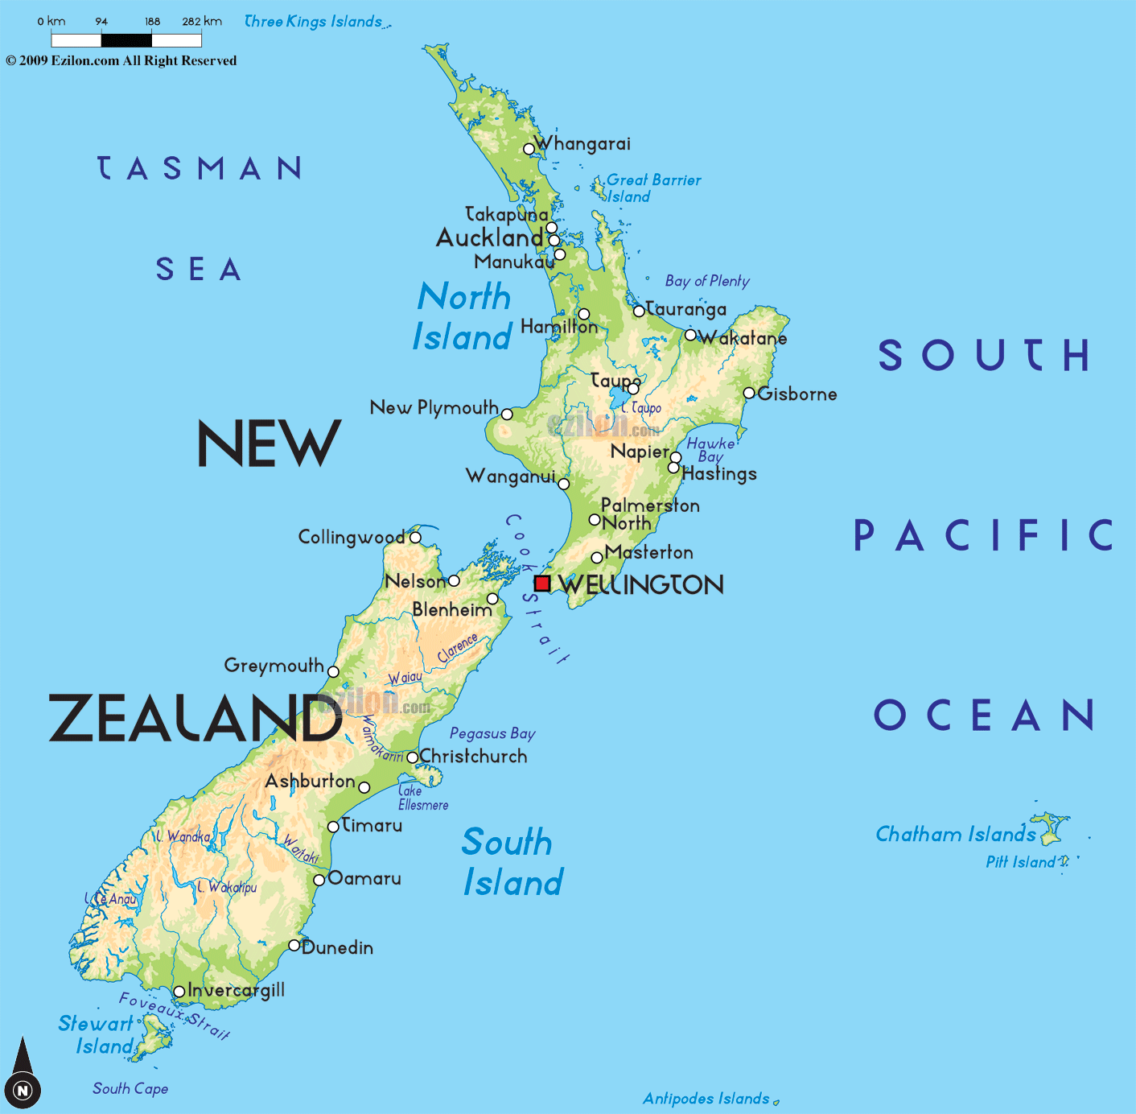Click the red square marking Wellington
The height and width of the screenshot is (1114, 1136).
(x=542, y=584)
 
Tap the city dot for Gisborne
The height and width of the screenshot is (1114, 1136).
(x=749, y=394)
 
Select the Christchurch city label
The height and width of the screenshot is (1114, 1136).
(x=473, y=757)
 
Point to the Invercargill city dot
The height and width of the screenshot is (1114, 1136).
(x=179, y=992)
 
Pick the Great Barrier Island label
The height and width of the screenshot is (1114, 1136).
(x=652, y=188)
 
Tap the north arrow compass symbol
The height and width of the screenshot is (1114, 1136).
(x=23, y=1074)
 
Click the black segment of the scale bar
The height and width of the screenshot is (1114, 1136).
(x=126, y=39)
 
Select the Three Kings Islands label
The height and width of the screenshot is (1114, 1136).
(x=313, y=22)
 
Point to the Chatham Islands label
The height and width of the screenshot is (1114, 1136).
(x=955, y=834)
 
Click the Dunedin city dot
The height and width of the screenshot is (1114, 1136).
(x=294, y=945)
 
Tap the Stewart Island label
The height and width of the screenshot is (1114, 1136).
(x=97, y=1034)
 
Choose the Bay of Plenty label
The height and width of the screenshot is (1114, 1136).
(x=707, y=281)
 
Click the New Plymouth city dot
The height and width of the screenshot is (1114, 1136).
(x=507, y=415)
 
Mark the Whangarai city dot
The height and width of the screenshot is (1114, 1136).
(x=529, y=149)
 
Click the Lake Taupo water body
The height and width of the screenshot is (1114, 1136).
(x=619, y=398)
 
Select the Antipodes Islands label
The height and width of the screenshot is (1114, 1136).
(x=706, y=1099)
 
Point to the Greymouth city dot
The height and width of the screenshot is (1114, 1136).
(x=333, y=672)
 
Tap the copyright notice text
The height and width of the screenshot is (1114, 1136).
(x=121, y=60)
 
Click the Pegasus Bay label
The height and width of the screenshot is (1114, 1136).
(x=492, y=733)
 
